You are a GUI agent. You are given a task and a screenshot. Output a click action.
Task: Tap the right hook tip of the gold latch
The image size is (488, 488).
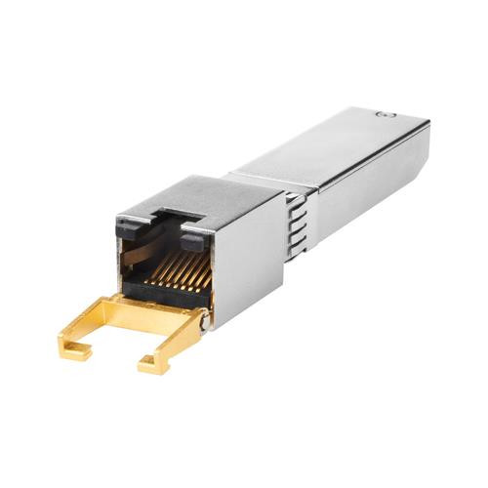point(146,368)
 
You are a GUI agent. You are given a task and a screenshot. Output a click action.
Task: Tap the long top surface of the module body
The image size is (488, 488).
point(332,146)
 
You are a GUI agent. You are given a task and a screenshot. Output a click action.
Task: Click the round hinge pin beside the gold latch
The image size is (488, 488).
point(203,315)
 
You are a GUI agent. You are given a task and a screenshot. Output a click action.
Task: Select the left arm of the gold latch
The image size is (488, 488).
point(93,332)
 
